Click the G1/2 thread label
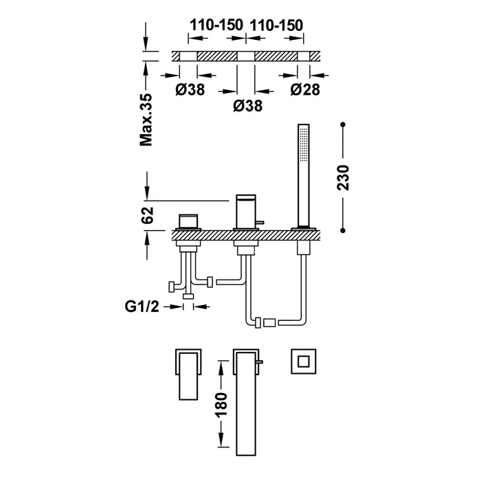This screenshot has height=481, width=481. point(143,303)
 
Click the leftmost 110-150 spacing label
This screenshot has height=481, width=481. point(216,25)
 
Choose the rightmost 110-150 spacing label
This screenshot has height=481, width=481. point(277,25)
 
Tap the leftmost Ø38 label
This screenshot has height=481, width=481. point(188,89)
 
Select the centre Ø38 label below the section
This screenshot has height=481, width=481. point(247,106)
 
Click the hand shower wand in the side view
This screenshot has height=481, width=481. point(300,175)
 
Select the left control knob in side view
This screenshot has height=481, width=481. point(188,221)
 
